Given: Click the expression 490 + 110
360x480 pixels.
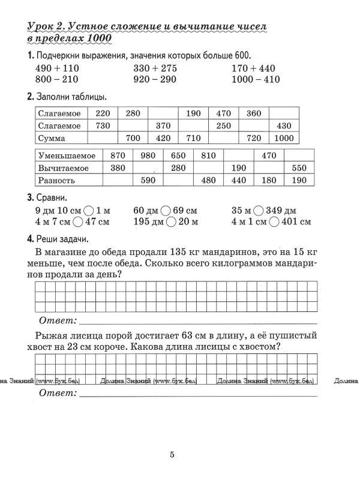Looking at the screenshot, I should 57,68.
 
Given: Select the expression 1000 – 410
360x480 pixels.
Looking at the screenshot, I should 256,79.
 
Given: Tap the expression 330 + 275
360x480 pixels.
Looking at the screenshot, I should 155,68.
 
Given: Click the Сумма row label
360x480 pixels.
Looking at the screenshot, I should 52,138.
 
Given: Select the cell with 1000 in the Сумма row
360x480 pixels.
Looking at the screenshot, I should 283,138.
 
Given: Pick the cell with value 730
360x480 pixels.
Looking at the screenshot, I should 103,125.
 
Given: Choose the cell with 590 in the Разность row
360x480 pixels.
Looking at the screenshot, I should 147,180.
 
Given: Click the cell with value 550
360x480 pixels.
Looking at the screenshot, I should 298,168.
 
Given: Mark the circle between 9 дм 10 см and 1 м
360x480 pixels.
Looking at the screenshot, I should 88,211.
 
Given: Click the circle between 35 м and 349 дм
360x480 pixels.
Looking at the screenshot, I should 258,211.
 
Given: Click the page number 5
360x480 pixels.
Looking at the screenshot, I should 172,455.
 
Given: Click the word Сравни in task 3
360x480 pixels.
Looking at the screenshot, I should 50,198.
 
